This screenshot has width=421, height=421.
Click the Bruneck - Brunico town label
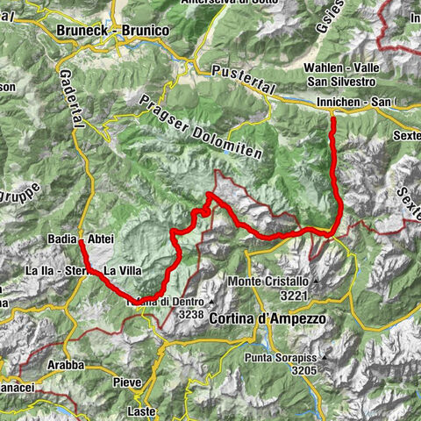point(111,31)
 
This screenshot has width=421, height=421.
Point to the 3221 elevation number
point(294,296)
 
